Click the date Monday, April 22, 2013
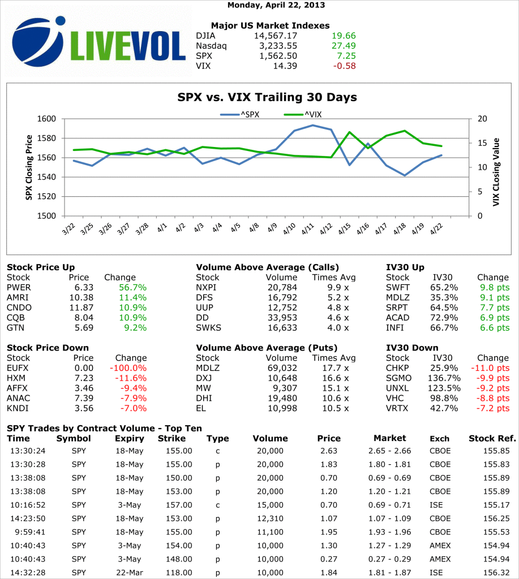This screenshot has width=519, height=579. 276,5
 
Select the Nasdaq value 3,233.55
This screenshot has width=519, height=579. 276,46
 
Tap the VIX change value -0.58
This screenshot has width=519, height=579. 344,66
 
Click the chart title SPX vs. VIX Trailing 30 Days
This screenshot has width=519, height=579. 267,97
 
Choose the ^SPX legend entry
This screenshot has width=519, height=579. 240,114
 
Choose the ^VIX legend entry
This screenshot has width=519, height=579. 302,114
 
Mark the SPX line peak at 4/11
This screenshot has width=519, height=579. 313,125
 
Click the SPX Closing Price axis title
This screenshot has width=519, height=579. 29,167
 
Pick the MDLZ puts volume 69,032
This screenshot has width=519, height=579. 281,368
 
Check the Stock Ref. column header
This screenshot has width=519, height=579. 492,438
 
